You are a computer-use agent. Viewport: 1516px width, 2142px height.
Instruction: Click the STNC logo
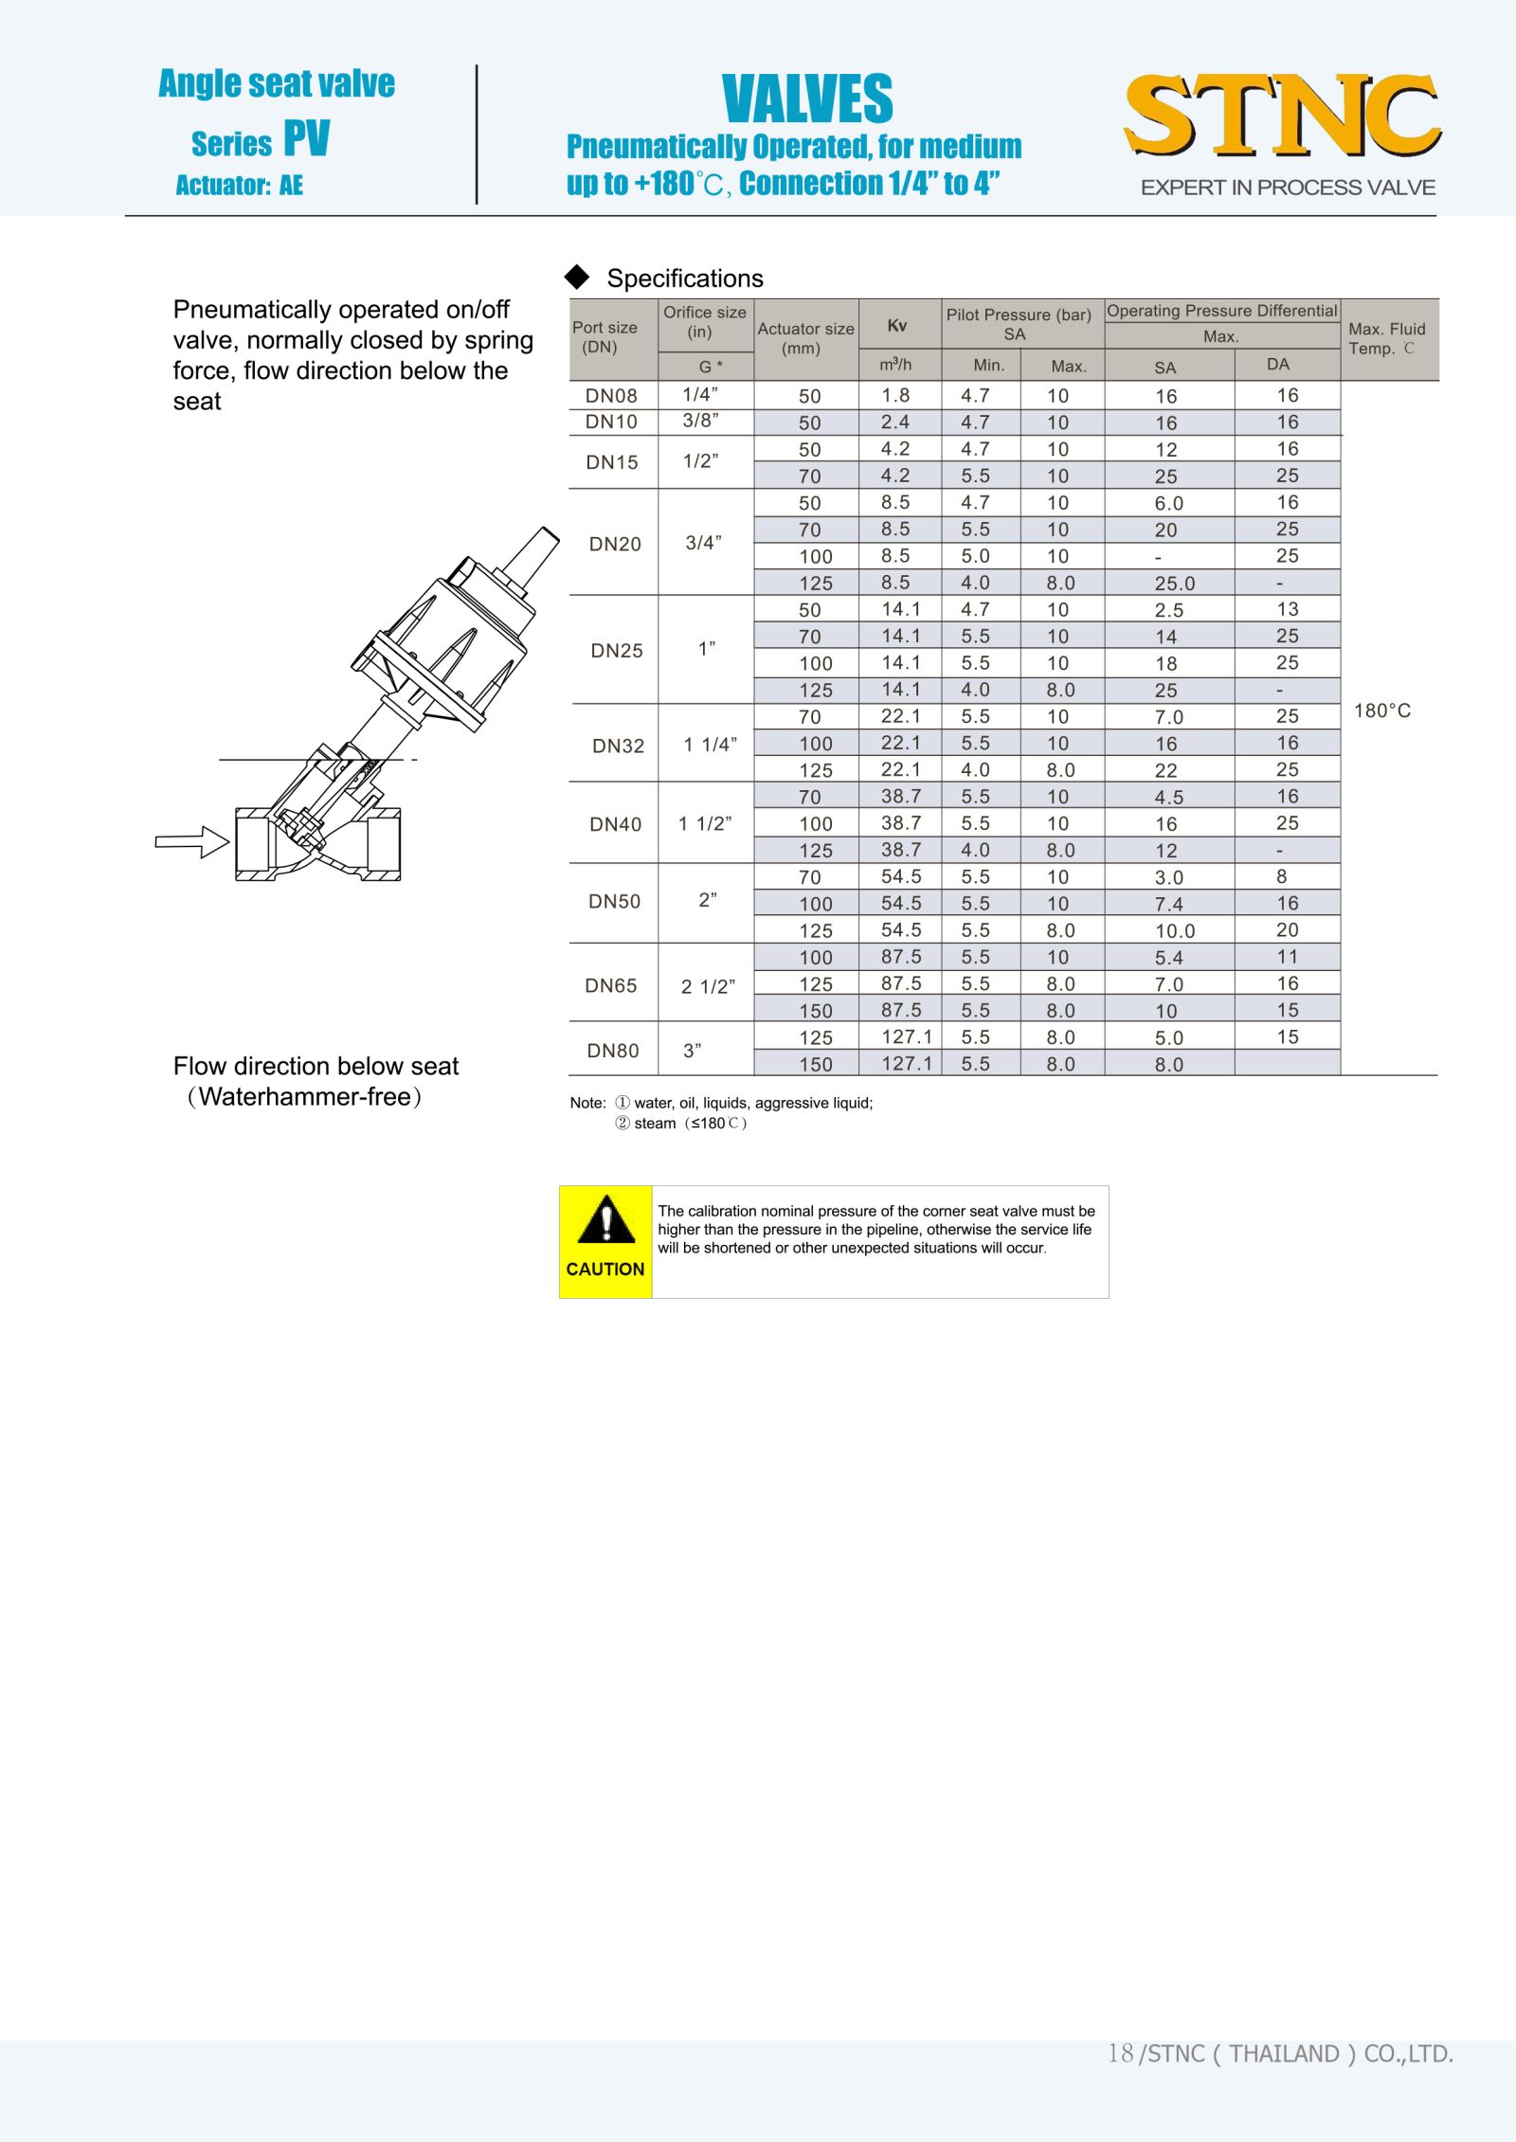(1282, 116)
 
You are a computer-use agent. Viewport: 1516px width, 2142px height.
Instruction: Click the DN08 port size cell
(611, 395)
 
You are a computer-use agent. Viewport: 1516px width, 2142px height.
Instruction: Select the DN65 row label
(611, 985)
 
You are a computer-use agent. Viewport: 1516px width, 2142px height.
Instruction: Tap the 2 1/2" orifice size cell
(707, 986)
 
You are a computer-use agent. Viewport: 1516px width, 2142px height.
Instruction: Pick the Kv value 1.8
(895, 395)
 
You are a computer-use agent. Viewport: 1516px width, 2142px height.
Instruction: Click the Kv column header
(897, 326)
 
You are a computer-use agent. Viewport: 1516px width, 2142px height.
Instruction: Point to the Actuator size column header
(805, 338)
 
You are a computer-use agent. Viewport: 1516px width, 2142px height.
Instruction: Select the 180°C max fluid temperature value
(1382, 711)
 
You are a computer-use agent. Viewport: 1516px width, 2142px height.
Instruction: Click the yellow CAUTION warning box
(605, 1241)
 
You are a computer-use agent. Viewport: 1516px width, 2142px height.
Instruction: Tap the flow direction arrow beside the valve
(192, 841)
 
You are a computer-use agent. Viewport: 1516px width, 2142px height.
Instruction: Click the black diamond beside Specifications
(577, 277)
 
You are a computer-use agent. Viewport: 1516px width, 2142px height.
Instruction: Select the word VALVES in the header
(807, 99)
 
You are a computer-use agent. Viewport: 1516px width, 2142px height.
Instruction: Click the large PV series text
(307, 139)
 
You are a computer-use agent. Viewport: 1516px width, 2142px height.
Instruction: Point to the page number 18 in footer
(1121, 2053)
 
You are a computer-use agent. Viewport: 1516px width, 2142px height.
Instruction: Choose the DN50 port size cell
(615, 901)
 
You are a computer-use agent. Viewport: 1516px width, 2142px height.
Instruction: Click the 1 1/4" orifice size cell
(710, 745)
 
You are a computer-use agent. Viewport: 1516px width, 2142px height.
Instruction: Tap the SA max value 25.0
(1174, 584)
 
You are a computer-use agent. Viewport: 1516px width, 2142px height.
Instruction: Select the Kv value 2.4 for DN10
(895, 422)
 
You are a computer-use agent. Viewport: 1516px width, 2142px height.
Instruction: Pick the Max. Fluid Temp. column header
(1387, 339)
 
